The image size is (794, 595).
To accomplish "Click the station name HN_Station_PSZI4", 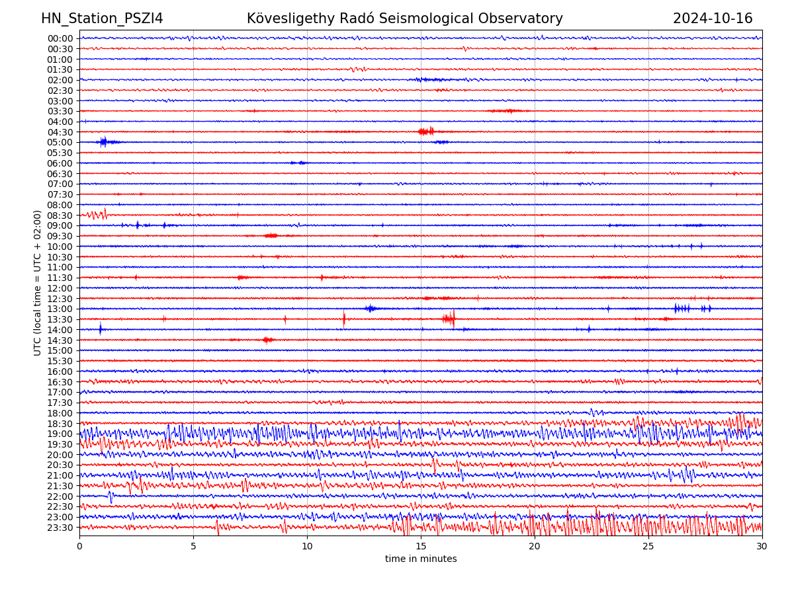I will pos(102,19).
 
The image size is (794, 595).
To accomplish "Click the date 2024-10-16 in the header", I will pos(713,19).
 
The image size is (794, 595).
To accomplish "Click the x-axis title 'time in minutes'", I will pos(421,559).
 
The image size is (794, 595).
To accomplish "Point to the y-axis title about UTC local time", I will pos(38,282).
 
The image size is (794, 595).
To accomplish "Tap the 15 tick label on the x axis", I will pos(421,547).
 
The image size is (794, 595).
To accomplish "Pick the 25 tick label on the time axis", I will pos(648,547).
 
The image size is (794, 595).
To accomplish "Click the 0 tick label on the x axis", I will pos(79,547).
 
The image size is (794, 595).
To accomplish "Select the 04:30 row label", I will pos(60,132).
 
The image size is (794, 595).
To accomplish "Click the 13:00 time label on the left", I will pos(60,309).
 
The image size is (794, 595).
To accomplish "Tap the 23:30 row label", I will pos(60,528).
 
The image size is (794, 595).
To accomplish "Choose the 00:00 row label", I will pos(60,38).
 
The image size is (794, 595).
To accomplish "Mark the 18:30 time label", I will pos(60,424).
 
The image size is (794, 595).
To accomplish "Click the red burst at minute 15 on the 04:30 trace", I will pos(426,132).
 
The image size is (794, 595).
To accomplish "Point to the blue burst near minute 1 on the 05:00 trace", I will pos(105,141).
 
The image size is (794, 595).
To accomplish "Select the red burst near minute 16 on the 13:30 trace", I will pos(449,319).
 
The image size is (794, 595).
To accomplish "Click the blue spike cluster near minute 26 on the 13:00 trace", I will pos(682,308).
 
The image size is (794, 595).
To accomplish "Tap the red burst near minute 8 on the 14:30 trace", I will pos(267,340).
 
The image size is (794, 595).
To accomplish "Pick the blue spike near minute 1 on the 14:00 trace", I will pos(101,329).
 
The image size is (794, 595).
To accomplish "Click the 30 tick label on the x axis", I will pos(762,547).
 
